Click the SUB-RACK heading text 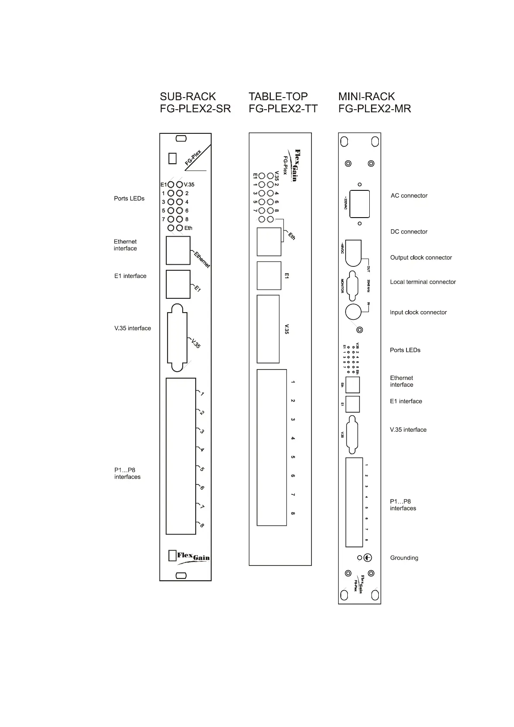click(x=188, y=96)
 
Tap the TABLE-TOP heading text click(x=278, y=96)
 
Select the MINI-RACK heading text click(x=366, y=96)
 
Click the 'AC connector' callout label click(x=409, y=196)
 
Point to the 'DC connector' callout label click(x=409, y=231)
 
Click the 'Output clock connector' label click(x=421, y=257)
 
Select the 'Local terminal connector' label click(x=422, y=282)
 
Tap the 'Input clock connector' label click(x=418, y=312)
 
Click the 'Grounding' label click(x=404, y=558)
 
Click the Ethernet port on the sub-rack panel click(x=178, y=250)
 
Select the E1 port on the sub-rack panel click(x=178, y=284)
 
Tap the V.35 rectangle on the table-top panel click(x=268, y=329)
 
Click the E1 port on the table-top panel click(x=269, y=275)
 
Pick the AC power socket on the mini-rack click(x=359, y=203)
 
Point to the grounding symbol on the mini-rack click(x=368, y=558)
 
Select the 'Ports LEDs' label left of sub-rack click(x=129, y=199)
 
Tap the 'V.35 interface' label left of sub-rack click(x=133, y=328)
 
